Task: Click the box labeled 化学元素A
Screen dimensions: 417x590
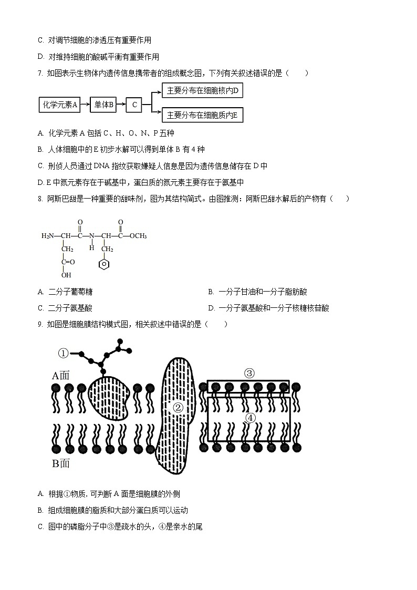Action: (x=60, y=105)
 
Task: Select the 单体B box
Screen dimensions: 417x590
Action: (x=104, y=105)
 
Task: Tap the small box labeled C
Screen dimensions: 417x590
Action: (x=134, y=105)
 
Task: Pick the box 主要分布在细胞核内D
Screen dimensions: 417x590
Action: (x=202, y=91)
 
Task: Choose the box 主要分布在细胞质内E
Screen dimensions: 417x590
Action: (x=202, y=115)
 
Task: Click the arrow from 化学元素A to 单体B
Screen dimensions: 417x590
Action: (x=85, y=105)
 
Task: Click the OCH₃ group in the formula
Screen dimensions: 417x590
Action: (x=138, y=236)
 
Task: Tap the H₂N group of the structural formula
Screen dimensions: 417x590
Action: (x=49, y=236)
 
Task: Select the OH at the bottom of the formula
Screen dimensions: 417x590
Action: (x=66, y=275)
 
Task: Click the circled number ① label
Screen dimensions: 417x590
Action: (x=63, y=353)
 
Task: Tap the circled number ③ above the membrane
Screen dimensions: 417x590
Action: (x=249, y=374)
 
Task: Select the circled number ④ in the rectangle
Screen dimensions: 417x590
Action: (x=250, y=418)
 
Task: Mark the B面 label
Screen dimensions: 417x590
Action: (x=60, y=463)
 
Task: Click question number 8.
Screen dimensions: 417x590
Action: (x=40, y=199)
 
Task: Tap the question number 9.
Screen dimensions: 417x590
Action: (x=40, y=325)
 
